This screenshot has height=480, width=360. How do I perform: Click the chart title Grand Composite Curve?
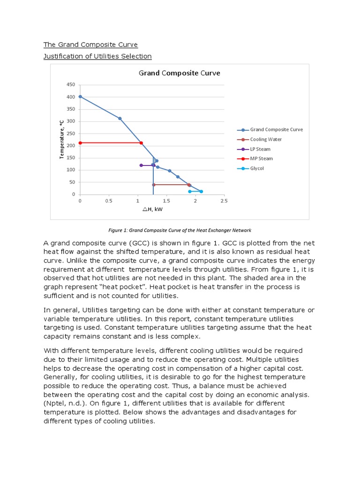coord(179,73)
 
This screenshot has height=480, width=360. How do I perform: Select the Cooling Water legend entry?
coord(266,139)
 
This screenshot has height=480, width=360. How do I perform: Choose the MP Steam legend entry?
coord(261,158)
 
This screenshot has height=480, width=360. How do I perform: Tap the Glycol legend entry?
coord(256,168)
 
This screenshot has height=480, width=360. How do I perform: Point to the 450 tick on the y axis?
coord(71,85)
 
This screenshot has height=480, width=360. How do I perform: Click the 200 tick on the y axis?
coord(71,146)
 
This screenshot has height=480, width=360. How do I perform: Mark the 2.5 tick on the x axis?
coord(224,201)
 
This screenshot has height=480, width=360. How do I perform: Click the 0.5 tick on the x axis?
coord(109,201)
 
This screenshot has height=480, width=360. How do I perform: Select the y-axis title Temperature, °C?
coord(61,139)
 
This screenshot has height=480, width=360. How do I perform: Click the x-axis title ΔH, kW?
coord(152,210)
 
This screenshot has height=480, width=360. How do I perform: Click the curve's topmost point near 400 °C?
coord(80,97)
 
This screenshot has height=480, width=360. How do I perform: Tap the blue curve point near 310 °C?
coord(120,119)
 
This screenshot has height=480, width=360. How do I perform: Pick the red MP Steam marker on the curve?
coord(141,143)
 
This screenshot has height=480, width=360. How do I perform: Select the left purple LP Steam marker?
coord(141,165)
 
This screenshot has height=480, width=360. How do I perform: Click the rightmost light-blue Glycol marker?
coord(201,191)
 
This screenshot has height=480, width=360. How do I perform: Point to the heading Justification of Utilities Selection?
coord(97,56)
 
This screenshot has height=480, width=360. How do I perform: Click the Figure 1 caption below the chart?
coord(180,230)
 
